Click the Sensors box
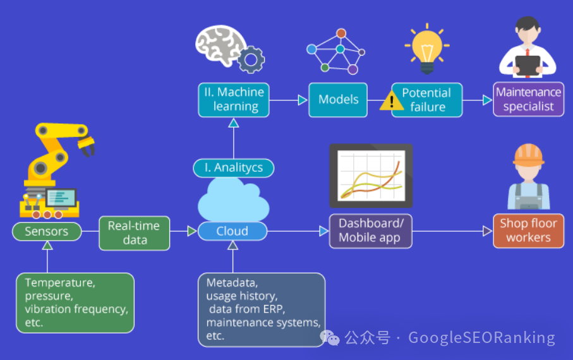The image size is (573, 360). click(47, 231)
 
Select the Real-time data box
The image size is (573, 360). click(135, 233)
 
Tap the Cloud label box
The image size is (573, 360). click(232, 231)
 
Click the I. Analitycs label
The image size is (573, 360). click(234, 168)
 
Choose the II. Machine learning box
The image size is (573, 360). click(234, 100)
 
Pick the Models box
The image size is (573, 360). click(338, 100)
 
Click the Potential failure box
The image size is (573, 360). click(427, 100)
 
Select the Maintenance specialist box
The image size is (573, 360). click(528, 99)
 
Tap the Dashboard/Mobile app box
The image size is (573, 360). click(371, 231)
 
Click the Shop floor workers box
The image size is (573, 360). click(528, 231)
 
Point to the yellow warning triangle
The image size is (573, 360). click(392, 100)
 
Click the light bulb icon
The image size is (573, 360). click(427, 48)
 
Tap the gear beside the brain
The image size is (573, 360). click(251, 59)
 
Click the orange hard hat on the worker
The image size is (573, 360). click(528, 155)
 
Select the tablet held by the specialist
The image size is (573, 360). click(528, 66)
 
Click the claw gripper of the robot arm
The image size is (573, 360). click(87, 146)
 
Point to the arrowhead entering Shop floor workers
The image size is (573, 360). click(488, 231)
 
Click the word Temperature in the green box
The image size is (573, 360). click(60, 283)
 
